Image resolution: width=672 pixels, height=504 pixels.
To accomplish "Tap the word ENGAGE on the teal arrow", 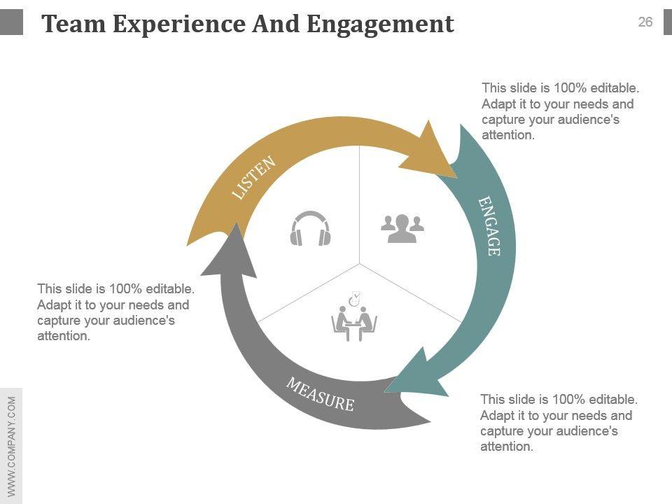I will point(489,226).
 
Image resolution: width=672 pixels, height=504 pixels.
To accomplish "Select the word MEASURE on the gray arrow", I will point(320,394).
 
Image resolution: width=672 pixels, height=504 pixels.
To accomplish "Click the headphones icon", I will point(310,229).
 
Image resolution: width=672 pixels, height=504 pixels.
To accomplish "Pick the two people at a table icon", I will point(354,321).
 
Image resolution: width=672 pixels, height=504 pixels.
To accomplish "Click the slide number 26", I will point(645,22).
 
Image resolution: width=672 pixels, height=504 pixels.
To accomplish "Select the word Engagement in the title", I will point(380,25).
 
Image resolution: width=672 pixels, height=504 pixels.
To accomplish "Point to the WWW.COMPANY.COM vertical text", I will point(11,445).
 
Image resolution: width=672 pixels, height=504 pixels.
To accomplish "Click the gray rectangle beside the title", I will point(11,22).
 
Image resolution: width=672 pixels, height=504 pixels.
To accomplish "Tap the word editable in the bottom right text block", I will point(614,400).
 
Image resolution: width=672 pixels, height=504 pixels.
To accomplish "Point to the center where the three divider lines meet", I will point(360,264).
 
